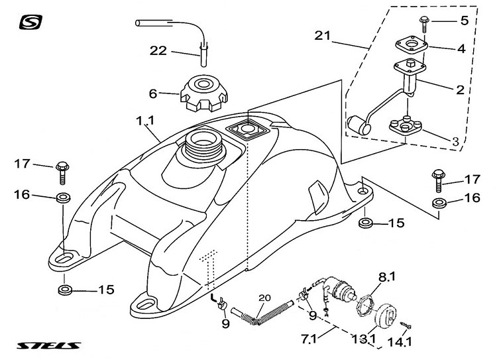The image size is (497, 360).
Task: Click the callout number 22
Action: pyautogui.click(x=158, y=51)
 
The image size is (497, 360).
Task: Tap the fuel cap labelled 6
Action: pyautogui.click(x=204, y=93)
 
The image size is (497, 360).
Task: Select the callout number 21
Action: pyautogui.click(x=322, y=35)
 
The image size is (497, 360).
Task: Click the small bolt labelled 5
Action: pyautogui.click(x=424, y=24)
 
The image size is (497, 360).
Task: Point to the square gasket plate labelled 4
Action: pyautogui.click(x=412, y=44)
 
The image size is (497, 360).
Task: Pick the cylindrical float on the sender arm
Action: pyautogui.click(x=359, y=125)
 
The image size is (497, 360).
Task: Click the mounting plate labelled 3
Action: pyautogui.click(x=406, y=126)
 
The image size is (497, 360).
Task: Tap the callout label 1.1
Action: pyautogui.click(x=145, y=121)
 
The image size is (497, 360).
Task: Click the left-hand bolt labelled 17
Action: pyautogui.click(x=62, y=173)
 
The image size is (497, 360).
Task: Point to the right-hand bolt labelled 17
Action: pyautogui.click(x=439, y=181)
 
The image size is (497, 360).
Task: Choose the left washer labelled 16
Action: pyautogui.click(x=64, y=198)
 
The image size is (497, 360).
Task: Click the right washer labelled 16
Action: pyautogui.click(x=439, y=204)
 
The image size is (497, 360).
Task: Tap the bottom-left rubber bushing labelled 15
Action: pyautogui.click(x=65, y=290)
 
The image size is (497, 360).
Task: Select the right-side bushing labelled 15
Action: pyautogui.click(x=365, y=222)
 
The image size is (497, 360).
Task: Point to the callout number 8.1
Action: pyautogui.click(x=387, y=277)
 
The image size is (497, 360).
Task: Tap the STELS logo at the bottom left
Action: pyautogui.click(x=49, y=345)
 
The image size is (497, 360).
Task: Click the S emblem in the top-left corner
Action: pyautogui.click(x=30, y=22)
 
